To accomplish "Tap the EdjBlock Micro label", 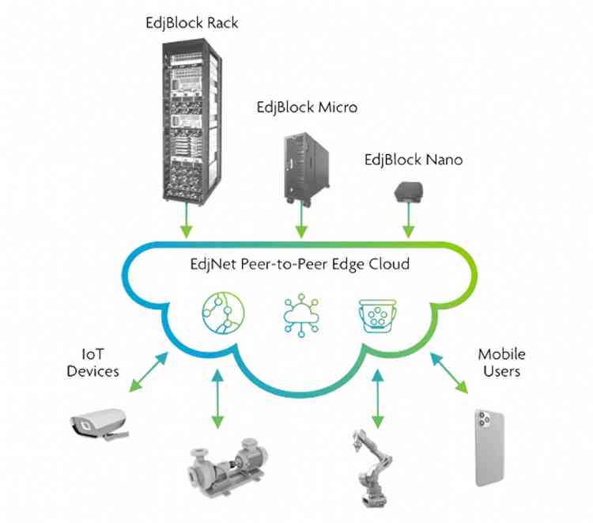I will click(307, 107).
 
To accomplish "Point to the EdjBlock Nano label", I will click(413, 160).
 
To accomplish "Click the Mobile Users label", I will click(501, 362).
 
